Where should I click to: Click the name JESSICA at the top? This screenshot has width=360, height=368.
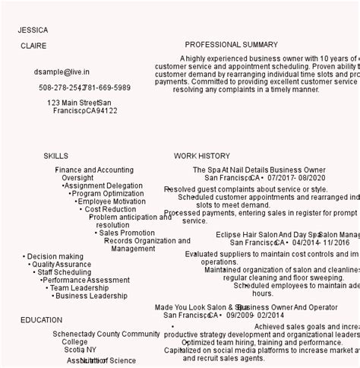[x=33, y=30]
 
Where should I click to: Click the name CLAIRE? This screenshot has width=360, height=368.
[x=33, y=46]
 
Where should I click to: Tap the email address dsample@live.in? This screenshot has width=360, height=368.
[x=62, y=71]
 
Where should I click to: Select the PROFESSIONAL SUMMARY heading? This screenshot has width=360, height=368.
[x=232, y=45]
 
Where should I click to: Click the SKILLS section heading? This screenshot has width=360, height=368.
[x=55, y=155]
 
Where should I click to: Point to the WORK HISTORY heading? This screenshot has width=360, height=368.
[x=202, y=155]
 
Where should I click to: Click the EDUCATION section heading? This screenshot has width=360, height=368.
[x=42, y=320]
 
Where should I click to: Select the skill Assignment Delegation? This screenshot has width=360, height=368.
[x=103, y=186]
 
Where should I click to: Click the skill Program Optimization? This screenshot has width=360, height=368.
[x=108, y=194]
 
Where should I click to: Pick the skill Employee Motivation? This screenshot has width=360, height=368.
[x=112, y=201]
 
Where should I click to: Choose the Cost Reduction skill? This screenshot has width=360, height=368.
[x=111, y=209]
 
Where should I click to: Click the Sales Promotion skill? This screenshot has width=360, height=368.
[x=127, y=233]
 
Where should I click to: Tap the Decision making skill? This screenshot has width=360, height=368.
[x=55, y=257]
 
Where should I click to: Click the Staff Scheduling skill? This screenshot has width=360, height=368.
[x=64, y=272]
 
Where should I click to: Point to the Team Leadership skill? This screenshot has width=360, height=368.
[x=80, y=288]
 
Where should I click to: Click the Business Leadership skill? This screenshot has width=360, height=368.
[x=91, y=296]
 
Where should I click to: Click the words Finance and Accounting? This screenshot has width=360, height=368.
[x=94, y=170]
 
